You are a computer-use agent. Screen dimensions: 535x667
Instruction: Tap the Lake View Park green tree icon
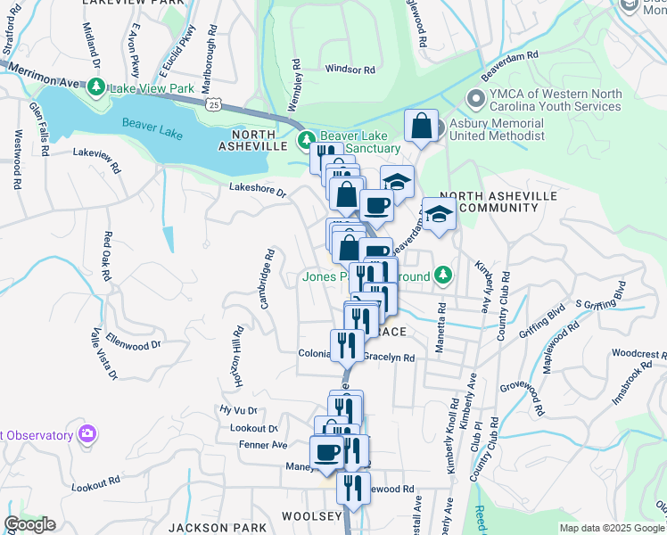pyautogui.click(x=95, y=88)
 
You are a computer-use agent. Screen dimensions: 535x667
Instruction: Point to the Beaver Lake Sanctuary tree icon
pyautogui.click(x=306, y=139)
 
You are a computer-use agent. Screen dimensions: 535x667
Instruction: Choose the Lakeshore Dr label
pyautogui.click(x=258, y=189)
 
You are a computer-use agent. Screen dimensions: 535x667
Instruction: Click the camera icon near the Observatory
pyautogui.click(x=87, y=434)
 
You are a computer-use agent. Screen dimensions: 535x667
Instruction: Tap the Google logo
pyautogui.click(x=29, y=524)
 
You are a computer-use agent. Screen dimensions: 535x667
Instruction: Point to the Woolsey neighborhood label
pyautogui.click(x=312, y=516)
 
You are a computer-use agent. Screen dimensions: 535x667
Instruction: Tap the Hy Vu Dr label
pyautogui.click(x=238, y=409)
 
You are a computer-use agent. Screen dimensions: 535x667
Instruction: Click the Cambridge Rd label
pyautogui.click(x=267, y=279)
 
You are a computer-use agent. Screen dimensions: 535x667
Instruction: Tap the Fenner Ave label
pyautogui.click(x=263, y=444)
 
